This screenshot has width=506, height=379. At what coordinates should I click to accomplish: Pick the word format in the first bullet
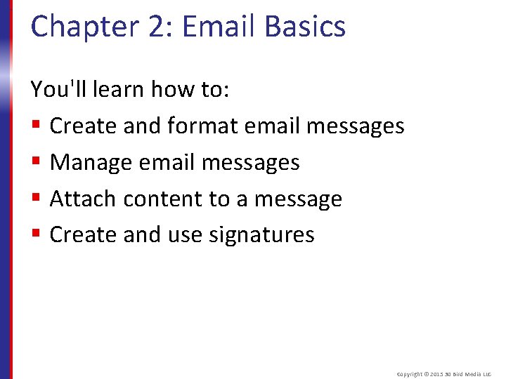202,126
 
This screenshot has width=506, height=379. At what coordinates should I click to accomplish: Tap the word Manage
91,163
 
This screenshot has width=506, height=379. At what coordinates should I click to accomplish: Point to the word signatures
261,235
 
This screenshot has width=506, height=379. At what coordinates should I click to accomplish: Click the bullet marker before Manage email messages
37,163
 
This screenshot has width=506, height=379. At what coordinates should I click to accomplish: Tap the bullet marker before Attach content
37,199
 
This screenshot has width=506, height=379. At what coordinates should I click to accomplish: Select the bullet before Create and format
37,126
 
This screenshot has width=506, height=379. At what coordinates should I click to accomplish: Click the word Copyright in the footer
410,375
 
